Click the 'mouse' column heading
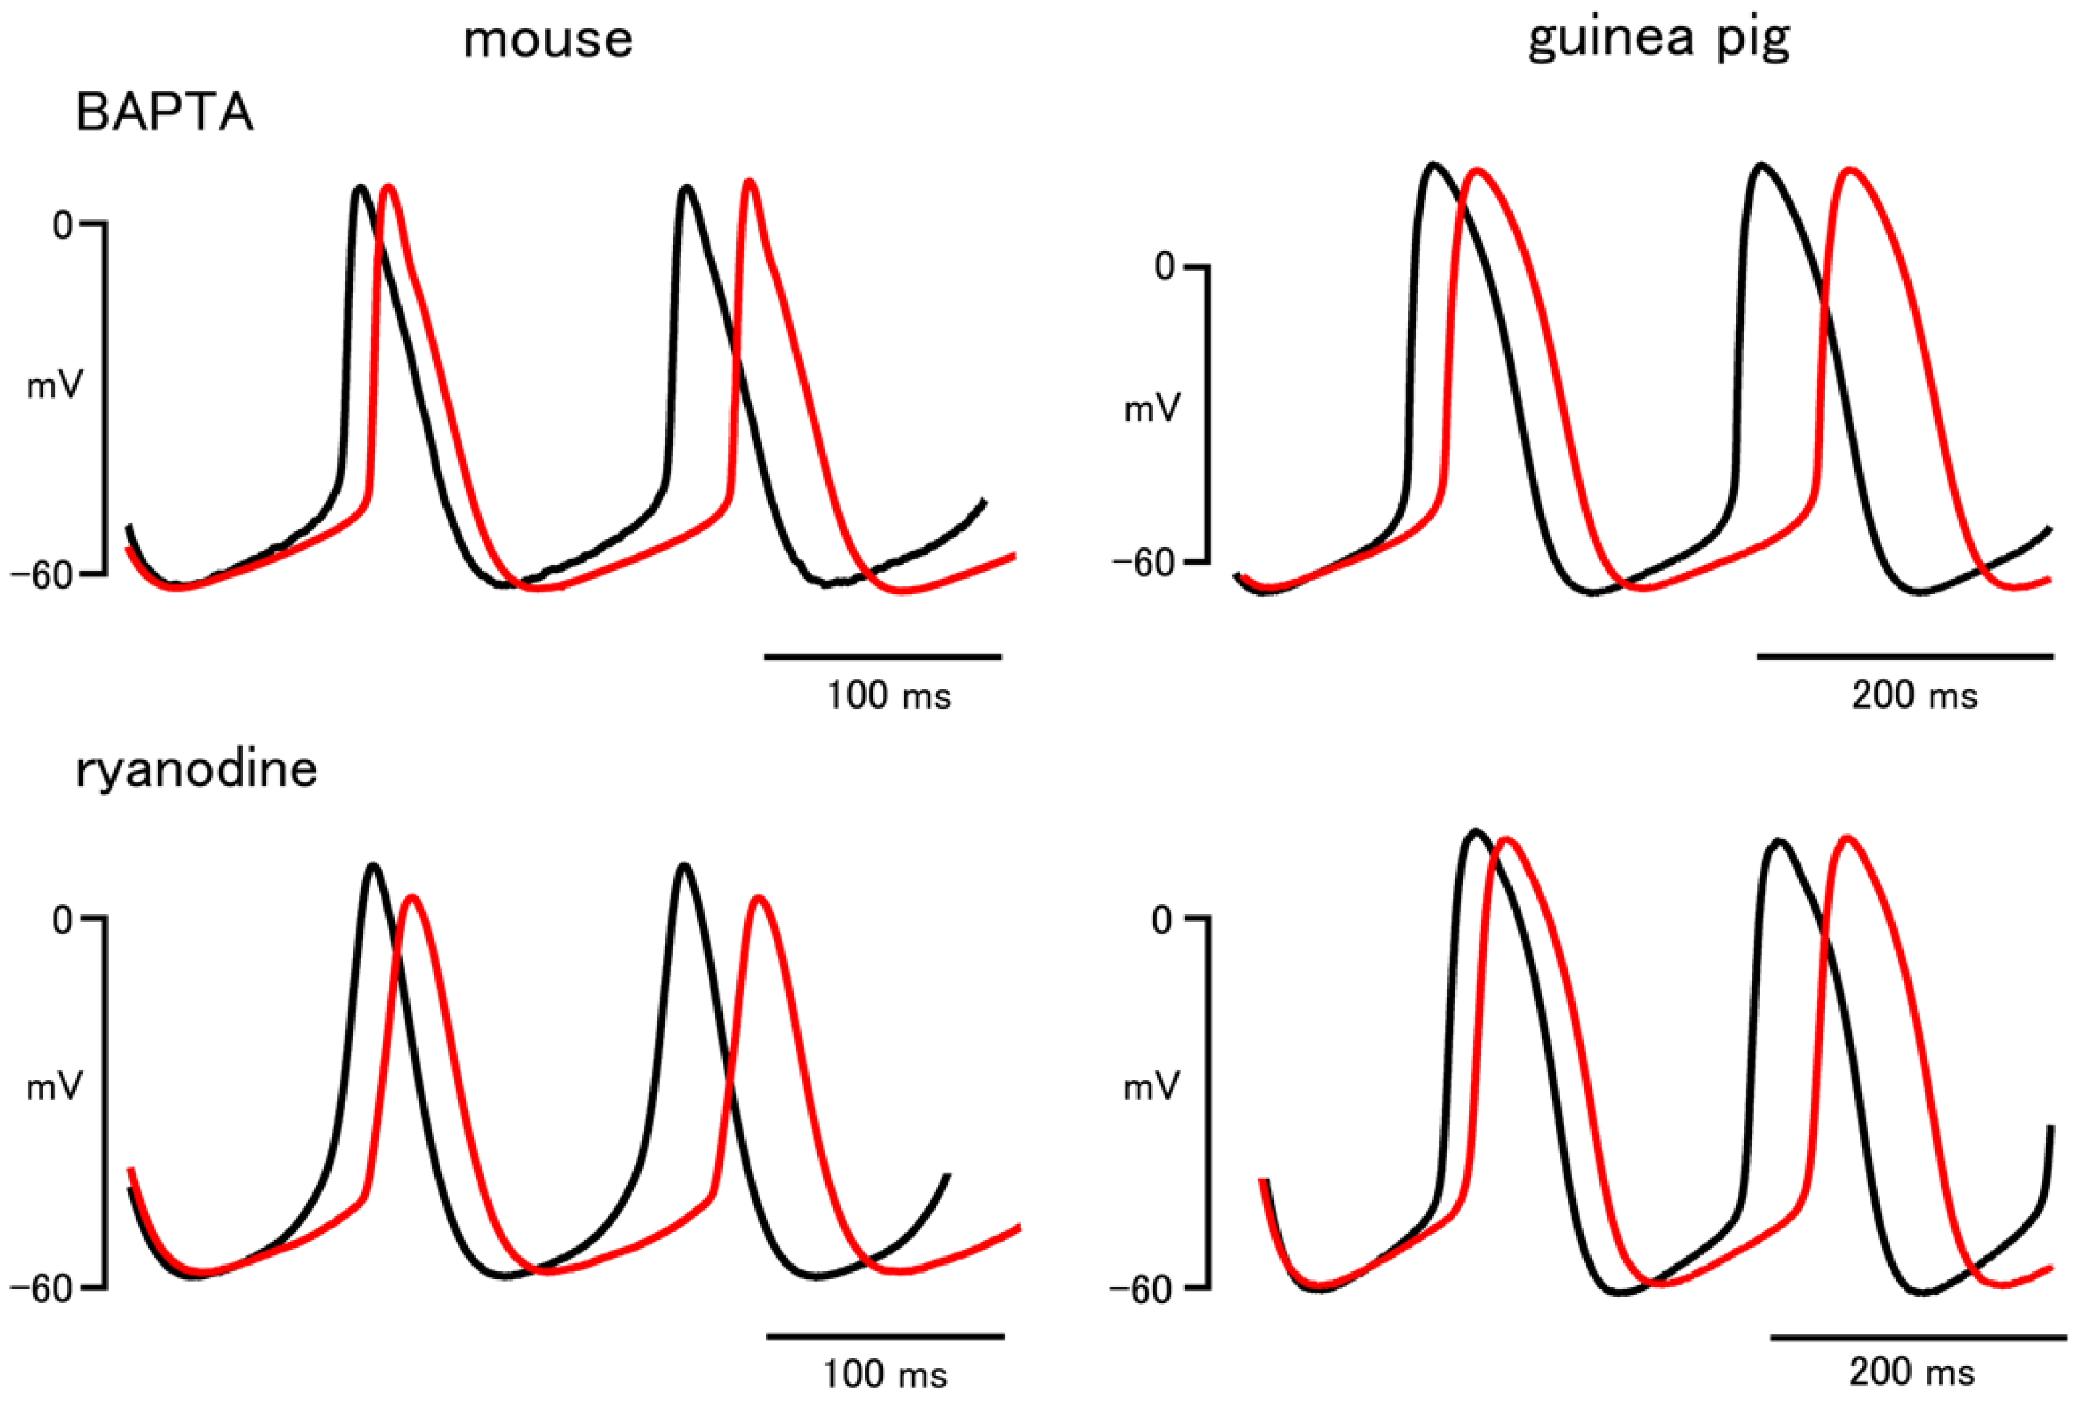coord(547,41)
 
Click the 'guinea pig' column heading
coord(1658,41)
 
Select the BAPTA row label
coord(165,114)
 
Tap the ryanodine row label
coord(196,770)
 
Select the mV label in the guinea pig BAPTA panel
coord(1152,409)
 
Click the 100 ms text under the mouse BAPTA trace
coord(888,695)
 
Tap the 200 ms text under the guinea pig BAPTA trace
coord(1914,695)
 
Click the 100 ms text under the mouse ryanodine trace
coord(885,1373)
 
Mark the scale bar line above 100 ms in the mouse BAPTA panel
coord(882,657)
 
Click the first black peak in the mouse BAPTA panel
coord(360,188)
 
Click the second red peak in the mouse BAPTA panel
coord(749,182)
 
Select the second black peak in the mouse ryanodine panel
coord(684,866)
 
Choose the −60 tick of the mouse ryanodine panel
coord(42,1289)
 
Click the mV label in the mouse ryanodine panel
coord(54,1087)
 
